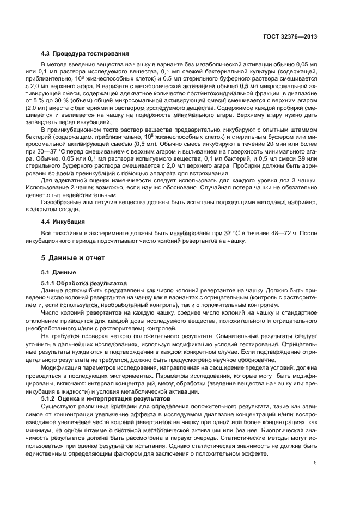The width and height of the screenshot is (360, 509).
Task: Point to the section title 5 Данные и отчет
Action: click(74, 257)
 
